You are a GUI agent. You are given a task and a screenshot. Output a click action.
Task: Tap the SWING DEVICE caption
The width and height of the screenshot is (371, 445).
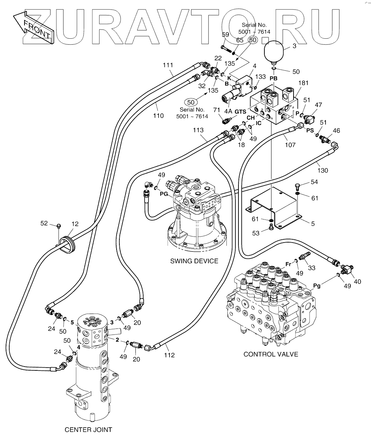click(194, 261)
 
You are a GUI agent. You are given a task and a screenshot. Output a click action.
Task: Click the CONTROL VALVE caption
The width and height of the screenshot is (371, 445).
click(271, 354)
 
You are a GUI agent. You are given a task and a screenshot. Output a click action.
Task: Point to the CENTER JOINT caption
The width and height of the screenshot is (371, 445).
click(88, 430)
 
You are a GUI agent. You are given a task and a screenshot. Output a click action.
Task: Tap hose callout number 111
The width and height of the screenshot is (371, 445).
click(168, 65)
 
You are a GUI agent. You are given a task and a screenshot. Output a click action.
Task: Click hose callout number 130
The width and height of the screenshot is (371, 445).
click(323, 170)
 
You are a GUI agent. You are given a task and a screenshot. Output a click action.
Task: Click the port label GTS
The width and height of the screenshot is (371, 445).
click(240, 112)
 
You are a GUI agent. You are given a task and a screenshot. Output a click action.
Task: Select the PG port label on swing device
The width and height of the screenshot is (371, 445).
click(164, 194)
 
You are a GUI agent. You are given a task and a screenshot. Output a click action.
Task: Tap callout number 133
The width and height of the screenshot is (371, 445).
click(260, 77)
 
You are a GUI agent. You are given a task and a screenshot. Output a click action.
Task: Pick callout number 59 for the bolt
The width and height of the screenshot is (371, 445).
click(225, 34)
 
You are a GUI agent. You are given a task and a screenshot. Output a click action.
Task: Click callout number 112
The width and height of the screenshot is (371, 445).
click(169, 355)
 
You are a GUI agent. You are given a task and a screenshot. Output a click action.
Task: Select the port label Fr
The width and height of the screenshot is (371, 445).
click(289, 264)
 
